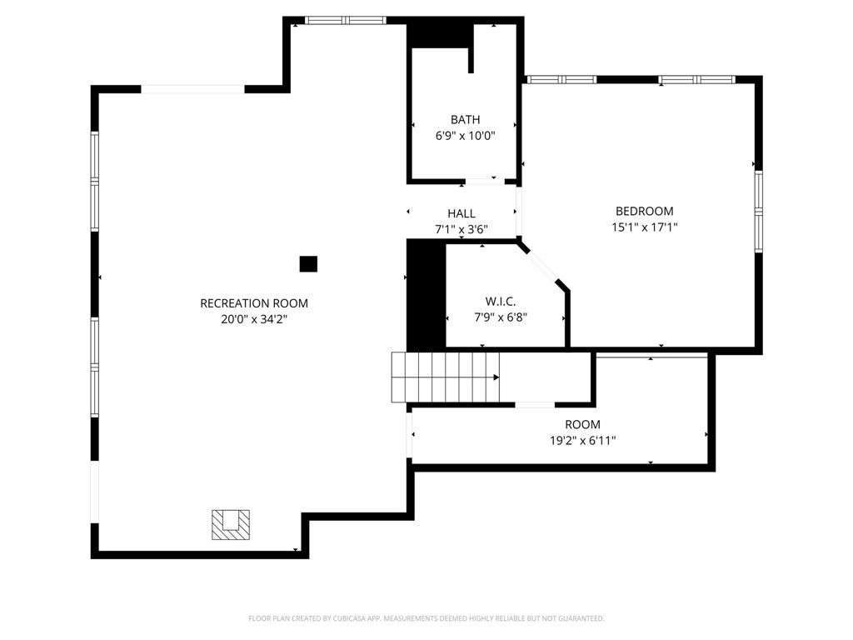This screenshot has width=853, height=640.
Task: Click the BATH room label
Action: coord(465,120)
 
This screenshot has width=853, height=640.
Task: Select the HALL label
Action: coord(461,214)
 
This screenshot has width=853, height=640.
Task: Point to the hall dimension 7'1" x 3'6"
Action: coord(461,229)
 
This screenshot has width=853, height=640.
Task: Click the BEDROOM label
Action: coord(644,212)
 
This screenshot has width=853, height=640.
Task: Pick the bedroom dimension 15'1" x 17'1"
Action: coord(644,227)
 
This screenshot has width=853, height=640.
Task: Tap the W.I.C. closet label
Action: coord(501,302)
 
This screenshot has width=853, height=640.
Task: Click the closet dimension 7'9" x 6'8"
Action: coord(500,317)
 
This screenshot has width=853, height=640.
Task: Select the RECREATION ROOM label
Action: coord(254,303)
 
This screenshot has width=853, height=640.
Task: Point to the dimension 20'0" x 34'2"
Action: coord(254,318)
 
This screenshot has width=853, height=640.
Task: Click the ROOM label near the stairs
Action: coord(582,425)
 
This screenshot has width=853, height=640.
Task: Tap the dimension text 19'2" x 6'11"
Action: coord(582,440)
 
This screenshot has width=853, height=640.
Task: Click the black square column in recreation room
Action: coord(308,264)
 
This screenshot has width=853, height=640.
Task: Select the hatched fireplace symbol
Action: coord(230,524)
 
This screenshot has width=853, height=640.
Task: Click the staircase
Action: coord(444,377)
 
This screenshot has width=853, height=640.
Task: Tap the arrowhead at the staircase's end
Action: coord(496,377)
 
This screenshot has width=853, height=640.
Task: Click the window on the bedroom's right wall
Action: coord(758,211)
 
